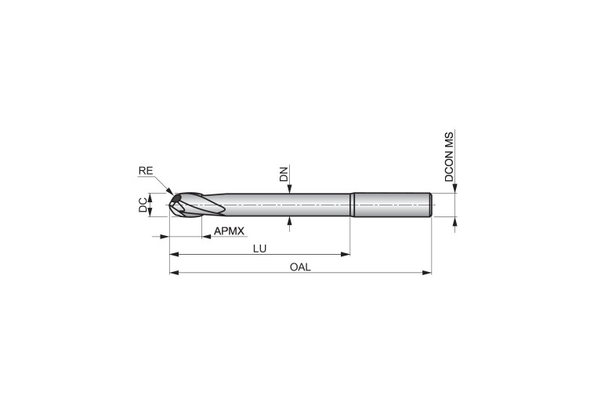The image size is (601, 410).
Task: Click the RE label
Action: point(146,171)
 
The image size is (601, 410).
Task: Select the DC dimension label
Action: point(143,205)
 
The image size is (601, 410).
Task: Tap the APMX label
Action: point(229,231)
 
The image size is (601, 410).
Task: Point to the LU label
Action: point(259,249)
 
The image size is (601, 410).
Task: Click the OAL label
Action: point(300,267)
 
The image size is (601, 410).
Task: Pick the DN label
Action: point(284,173)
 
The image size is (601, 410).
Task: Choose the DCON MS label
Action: point(449,156)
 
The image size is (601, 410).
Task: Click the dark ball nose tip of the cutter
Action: point(176,198)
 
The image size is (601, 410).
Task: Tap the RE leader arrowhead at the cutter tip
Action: point(169,191)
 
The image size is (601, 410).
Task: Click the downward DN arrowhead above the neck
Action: point(290,189)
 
